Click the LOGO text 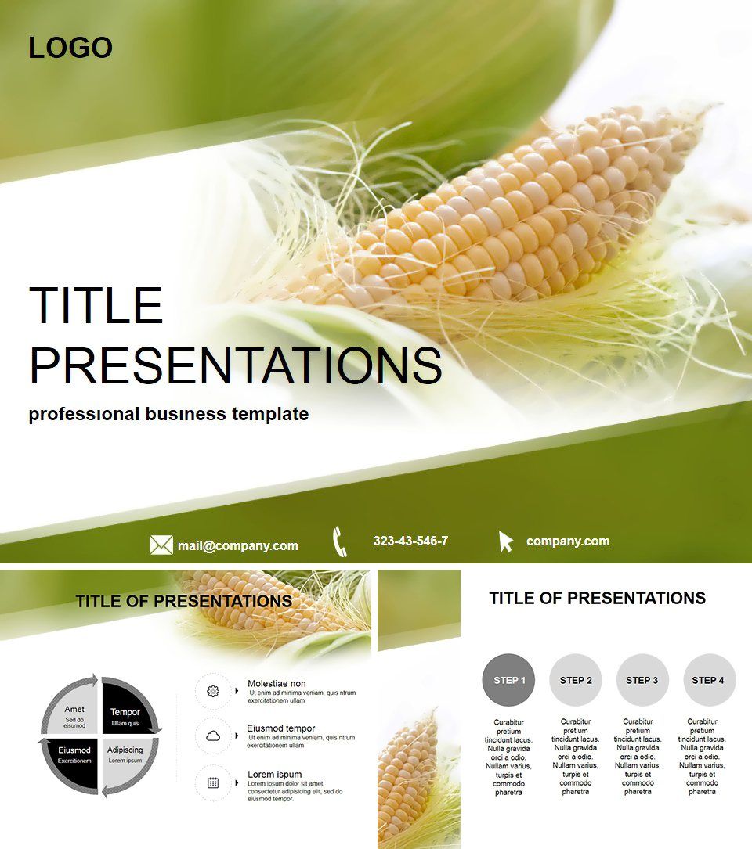tap(70, 49)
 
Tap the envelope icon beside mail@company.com tap(161, 545)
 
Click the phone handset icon tap(339, 541)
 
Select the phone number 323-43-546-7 tap(410, 541)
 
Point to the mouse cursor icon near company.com tap(505, 541)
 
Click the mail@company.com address tap(237, 546)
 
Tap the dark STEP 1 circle tap(508, 680)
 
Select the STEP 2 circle tap(576, 680)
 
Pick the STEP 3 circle tap(642, 680)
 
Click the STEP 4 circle tap(709, 680)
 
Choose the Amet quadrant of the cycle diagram tap(76, 714)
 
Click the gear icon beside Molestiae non tap(213, 691)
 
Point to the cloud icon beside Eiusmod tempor tap(213, 736)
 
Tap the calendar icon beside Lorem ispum tap(213, 782)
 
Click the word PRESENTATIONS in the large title tap(235, 365)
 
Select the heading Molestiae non tap(277, 683)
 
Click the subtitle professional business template tap(168, 414)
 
